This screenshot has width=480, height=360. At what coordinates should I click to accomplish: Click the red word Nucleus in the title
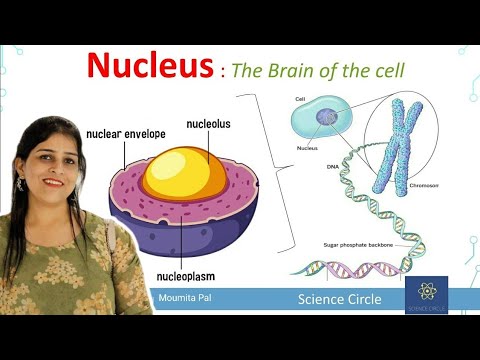click(149, 66)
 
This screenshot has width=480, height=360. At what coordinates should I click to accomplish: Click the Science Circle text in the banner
click(339, 298)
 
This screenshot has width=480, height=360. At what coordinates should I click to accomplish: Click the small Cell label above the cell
click(300, 100)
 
